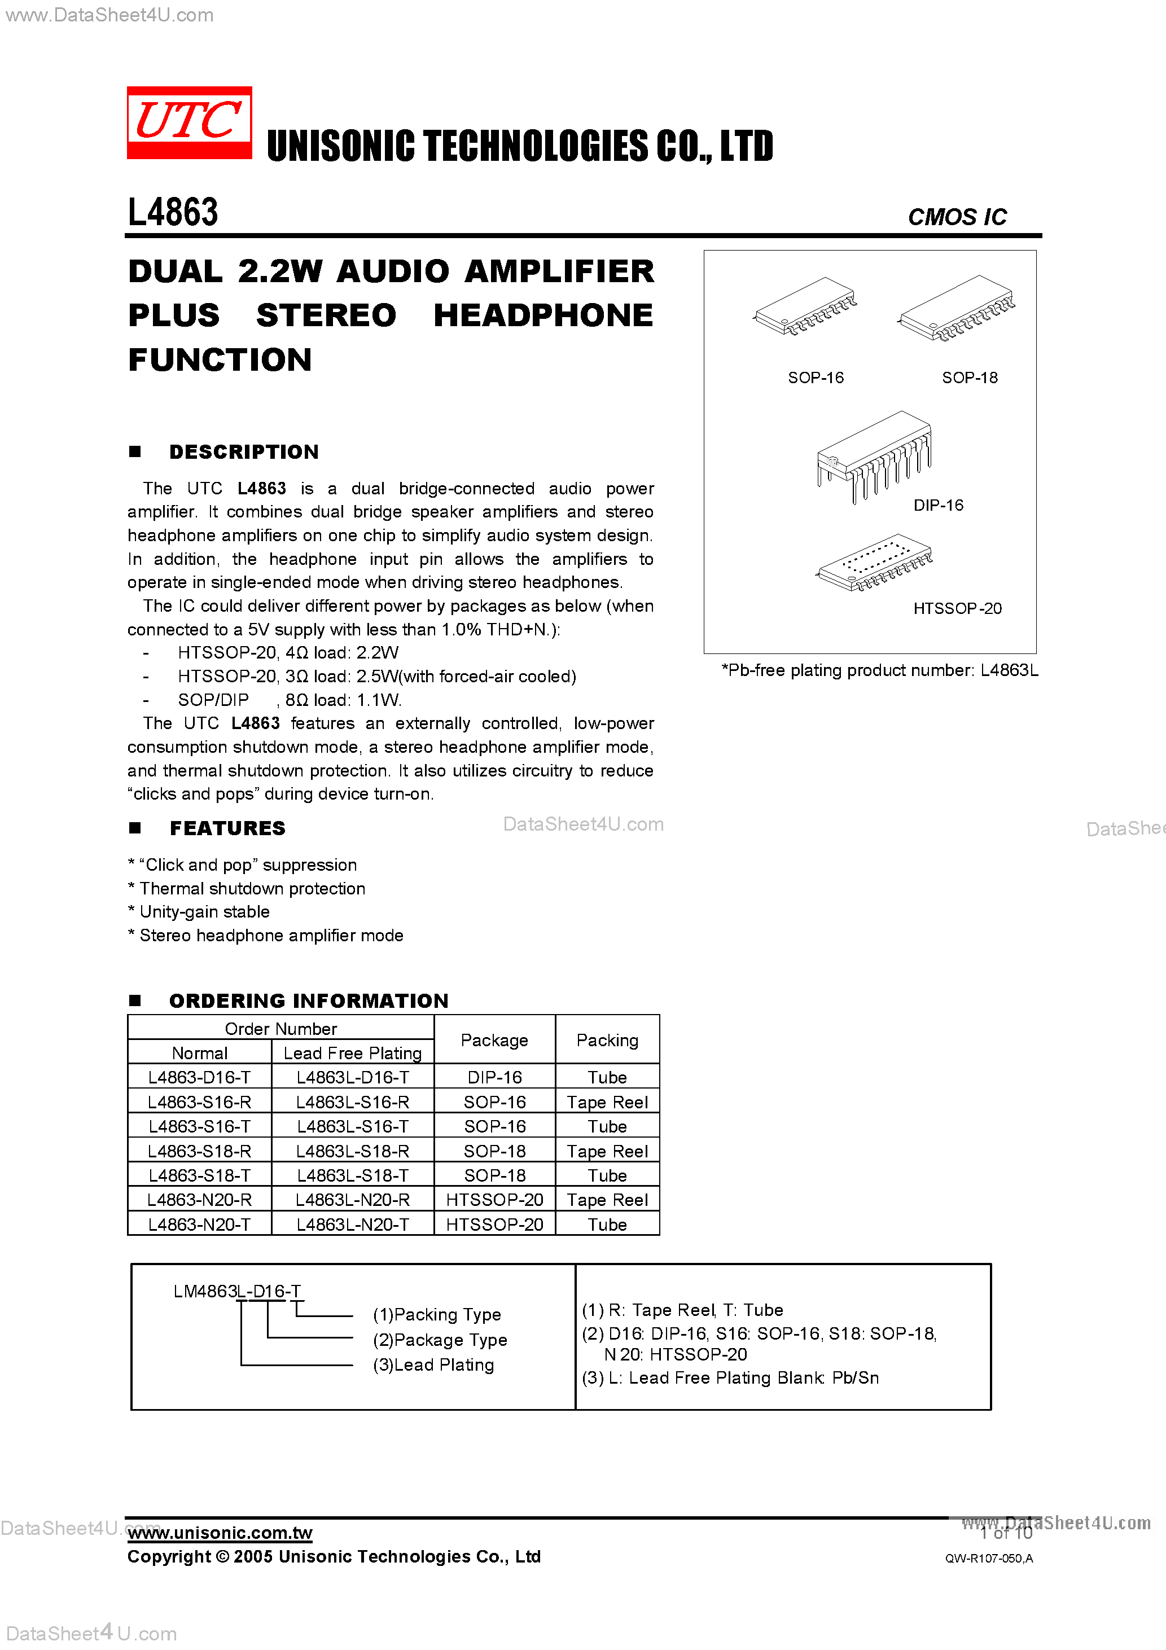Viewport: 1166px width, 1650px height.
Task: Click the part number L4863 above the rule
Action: click(x=173, y=212)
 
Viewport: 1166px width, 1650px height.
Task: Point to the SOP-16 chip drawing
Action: click(x=805, y=308)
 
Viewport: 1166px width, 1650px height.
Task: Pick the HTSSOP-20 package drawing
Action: click(x=874, y=563)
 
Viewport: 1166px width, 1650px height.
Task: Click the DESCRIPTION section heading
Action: click(x=244, y=452)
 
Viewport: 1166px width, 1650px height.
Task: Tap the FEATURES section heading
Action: click(x=227, y=828)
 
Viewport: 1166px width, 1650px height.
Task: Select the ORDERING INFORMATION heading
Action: click(x=308, y=1001)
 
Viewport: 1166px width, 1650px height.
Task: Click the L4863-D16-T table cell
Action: click(x=199, y=1077)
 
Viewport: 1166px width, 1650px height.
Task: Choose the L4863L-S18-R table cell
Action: click(x=352, y=1151)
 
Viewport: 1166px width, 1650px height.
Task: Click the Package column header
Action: click(x=494, y=1040)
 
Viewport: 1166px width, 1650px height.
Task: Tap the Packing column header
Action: click(x=607, y=1040)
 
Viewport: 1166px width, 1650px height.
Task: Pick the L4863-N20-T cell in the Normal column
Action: click(x=199, y=1225)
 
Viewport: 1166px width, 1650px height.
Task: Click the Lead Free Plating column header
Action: click(x=352, y=1053)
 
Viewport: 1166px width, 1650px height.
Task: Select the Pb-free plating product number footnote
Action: click(x=879, y=670)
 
